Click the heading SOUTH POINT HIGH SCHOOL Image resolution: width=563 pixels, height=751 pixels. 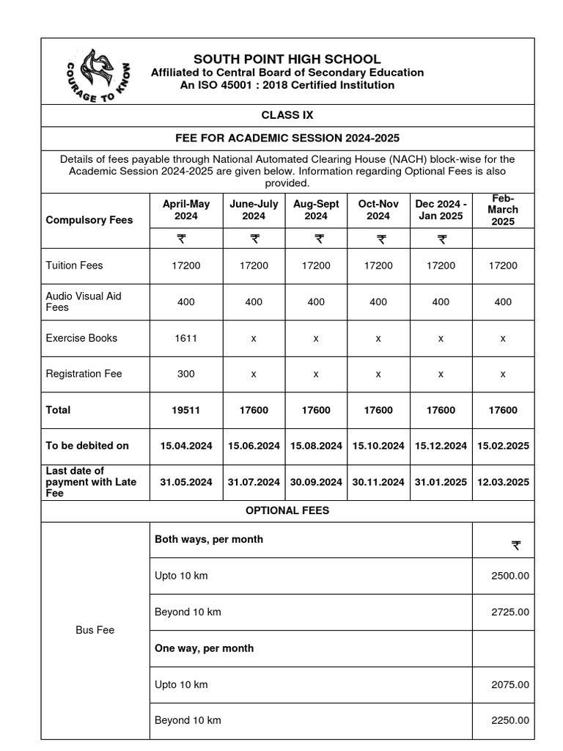point(287,59)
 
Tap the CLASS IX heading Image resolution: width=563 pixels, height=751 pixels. point(287,115)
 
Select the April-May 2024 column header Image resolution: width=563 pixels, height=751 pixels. point(186,210)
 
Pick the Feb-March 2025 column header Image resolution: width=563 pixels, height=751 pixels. point(503,210)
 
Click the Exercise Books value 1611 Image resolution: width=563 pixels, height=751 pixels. point(186,338)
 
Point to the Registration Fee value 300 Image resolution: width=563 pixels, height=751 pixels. point(186,373)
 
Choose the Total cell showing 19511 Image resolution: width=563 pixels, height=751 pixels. point(186,410)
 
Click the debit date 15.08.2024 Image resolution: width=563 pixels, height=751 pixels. point(316,445)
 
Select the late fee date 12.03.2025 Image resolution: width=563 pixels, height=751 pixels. point(503,482)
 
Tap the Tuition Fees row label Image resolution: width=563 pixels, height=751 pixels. point(74,265)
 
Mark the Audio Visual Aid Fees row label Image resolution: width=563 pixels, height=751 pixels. point(84,301)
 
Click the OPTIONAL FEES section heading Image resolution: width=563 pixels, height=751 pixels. point(287,510)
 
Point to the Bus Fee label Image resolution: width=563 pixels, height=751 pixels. point(95,630)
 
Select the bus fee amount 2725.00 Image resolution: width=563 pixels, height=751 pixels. point(509,612)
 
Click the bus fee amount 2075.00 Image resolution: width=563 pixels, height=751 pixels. point(509,684)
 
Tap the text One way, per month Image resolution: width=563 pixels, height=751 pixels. point(204,648)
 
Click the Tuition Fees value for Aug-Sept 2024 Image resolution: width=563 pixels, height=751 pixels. point(316,265)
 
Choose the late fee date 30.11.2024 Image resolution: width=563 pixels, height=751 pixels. point(378,482)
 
